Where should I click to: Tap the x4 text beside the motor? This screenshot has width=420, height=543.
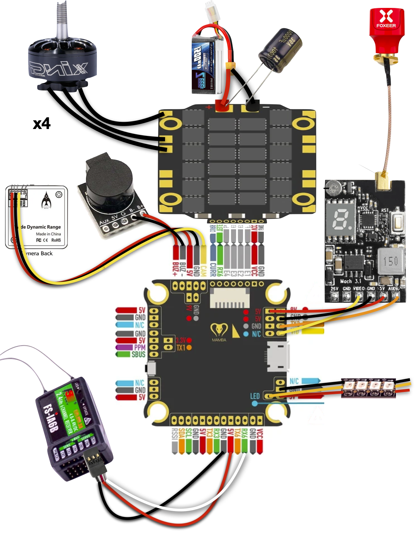point(42,124)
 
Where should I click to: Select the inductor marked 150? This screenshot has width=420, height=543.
point(391,261)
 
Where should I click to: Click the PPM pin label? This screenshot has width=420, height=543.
point(140,347)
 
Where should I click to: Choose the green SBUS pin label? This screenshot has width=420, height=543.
point(138,354)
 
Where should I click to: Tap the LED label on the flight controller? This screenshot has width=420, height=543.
point(255,396)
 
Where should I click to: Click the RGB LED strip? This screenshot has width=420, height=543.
point(369,388)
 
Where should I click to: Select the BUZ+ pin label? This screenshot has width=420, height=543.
point(175,269)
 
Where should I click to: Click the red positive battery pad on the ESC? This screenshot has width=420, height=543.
point(222,106)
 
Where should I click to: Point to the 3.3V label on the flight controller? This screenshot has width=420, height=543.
point(181,340)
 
